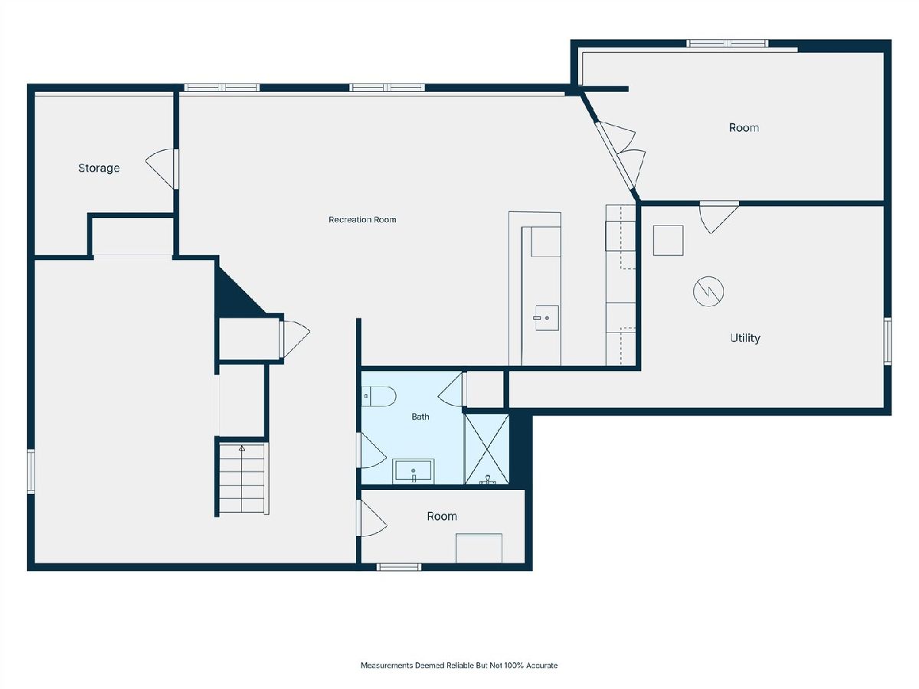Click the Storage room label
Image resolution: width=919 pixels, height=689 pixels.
(99, 168)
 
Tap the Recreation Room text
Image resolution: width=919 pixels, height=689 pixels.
(362, 220)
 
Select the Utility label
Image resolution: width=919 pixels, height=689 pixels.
(745, 338)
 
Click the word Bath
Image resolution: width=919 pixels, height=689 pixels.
(420, 416)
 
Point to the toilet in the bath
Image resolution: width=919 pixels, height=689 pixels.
(379, 396)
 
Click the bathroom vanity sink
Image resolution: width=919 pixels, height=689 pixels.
(414, 471)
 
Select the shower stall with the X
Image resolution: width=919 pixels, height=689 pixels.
(487, 449)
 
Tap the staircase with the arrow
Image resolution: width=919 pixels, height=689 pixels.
(242, 479)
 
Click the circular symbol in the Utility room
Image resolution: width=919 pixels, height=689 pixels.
(708, 291)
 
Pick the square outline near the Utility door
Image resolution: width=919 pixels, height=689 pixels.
(669, 240)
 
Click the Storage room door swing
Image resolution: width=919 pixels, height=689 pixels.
(161, 169)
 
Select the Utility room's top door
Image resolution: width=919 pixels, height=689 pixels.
(719, 217)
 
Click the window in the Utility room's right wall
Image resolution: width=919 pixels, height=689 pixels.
(887, 341)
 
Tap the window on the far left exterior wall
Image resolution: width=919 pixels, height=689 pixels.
(31, 472)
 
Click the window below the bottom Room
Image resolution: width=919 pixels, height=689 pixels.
(398, 567)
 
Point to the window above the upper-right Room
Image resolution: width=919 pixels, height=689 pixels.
(728, 43)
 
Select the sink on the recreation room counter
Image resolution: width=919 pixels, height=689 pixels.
(547, 318)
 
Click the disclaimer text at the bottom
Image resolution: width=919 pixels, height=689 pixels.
(459, 665)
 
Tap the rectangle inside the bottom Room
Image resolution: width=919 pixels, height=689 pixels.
(479, 548)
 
